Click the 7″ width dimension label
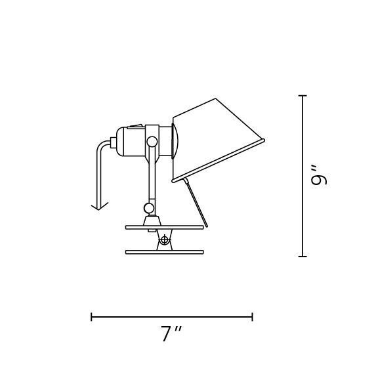pyautogui.click(x=171, y=334)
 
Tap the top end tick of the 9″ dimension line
pyautogui.click(x=303, y=96)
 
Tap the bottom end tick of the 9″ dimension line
pyautogui.click(x=303, y=256)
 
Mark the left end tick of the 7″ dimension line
pyautogui.click(x=92, y=317)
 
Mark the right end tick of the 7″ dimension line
pyautogui.click(x=252, y=317)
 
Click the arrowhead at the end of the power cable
pyautogui.click(x=99, y=206)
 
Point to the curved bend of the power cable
pyautogui.click(x=102, y=146)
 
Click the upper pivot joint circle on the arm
pyautogui.click(x=152, y=141)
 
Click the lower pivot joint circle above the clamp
pyautogui.click(x=150, y=208)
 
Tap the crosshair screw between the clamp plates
pyautogui.click(x=164, y=240)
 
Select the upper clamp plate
pyautogui.click(x=164, y=228)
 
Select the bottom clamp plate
pyautogui.click(x=164, y=251)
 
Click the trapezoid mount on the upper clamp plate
pyautogui.click(x=151, y=220)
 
